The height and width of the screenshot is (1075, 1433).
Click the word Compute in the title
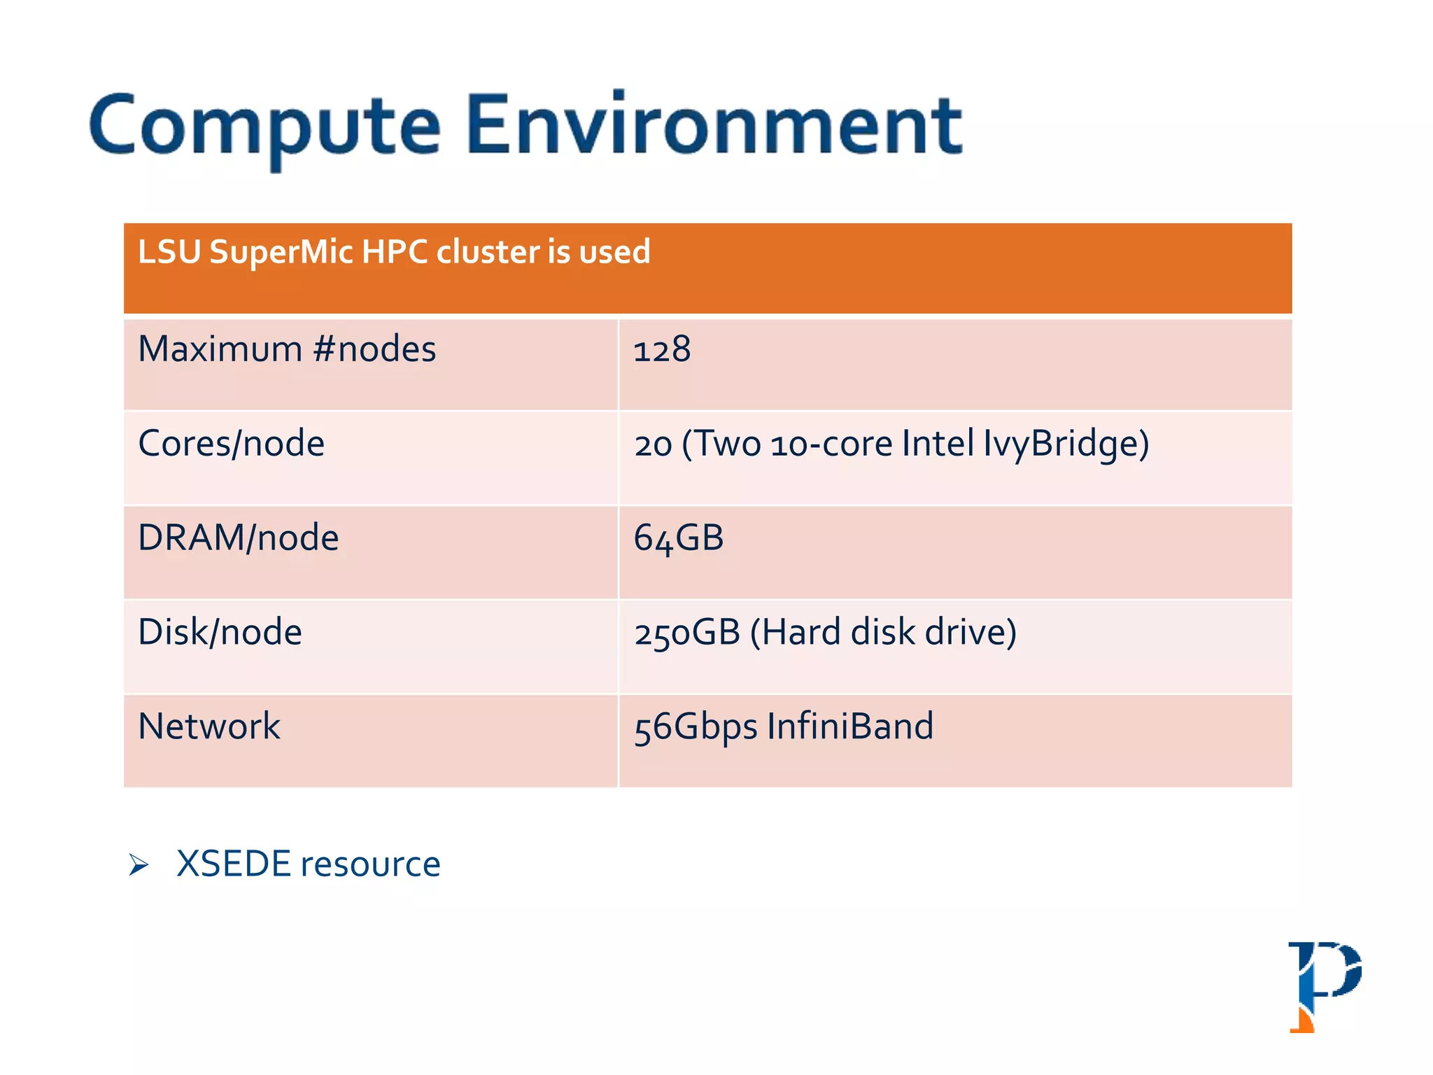264,126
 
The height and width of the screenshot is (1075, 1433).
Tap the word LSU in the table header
169,252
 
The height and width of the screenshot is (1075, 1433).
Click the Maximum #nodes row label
287,349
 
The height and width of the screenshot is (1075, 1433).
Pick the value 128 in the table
662,349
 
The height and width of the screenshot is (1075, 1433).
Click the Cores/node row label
232,444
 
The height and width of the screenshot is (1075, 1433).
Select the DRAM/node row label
239,538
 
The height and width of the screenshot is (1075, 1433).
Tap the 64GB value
679,538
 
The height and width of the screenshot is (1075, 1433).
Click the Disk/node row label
220,632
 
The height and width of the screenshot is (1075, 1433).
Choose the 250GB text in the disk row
687,632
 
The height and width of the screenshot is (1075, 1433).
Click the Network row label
209,726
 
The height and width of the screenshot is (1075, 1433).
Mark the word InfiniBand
850,726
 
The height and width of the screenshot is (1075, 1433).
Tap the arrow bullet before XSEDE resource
139,865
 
